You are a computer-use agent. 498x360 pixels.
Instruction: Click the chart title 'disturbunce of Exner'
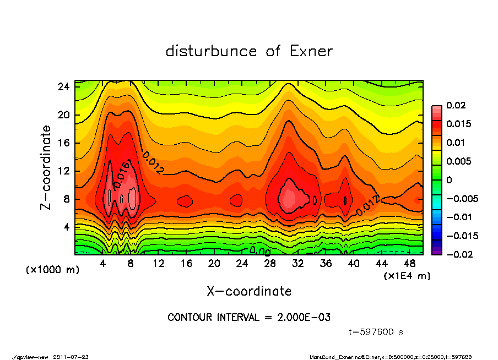[249, 52]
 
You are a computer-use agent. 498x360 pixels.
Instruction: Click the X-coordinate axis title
[249, 291]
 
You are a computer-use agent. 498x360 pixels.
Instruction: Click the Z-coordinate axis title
[46, 167]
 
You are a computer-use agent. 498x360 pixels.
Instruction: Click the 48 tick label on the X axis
[409, 264]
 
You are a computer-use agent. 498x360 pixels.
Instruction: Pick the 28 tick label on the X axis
[270, 264]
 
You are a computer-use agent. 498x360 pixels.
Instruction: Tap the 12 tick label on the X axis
[159, 264]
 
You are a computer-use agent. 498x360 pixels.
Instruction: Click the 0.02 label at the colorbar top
[456, 105]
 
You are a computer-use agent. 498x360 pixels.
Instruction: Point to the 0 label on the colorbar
[449, 180]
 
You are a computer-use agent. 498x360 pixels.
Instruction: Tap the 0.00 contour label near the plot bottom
[259, 250]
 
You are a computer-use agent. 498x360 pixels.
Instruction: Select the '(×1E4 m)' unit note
[407, 276]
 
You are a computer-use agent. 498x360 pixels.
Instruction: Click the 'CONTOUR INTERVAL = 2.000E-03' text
[249, 318]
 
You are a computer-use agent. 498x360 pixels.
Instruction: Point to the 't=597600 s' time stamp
[377, 332]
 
